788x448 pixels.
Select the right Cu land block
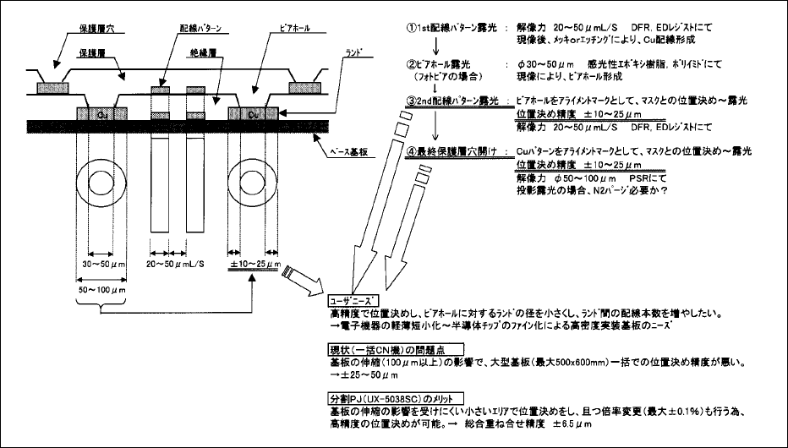coord(254,113)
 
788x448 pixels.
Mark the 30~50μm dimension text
coord(100,264)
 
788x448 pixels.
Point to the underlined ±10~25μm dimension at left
coord(254,265)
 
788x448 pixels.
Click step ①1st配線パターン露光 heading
coord(456,27)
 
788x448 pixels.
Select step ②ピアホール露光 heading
coord(447,63)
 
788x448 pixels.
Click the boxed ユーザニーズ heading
coord(353,299)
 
